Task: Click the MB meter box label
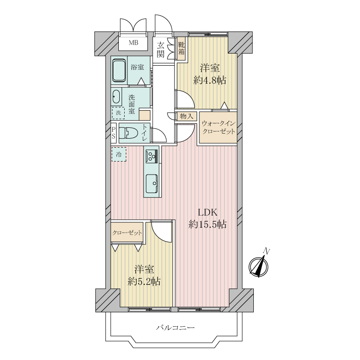click(x=133, y=42)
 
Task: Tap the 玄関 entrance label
click(x=161, y=50)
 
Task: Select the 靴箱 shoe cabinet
click(x=181, y=49)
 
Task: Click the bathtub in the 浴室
click(x=119, y=71)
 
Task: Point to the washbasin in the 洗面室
click(x=116, y=97)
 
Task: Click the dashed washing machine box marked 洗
click(x=118, y=113)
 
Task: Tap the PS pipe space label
click(x=113, y=133)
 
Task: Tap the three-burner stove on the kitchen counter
click(x=152, y=155)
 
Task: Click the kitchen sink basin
click(x=152, y=184)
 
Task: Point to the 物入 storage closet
click(x=186, y=116)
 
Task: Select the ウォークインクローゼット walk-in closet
click(x=218, y=127)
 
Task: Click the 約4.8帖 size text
click(x=210, y=80)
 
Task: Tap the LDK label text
click(x=207, y=212)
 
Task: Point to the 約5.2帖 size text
click(x=144, y=281)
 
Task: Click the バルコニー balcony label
click(x=175, y=328)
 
